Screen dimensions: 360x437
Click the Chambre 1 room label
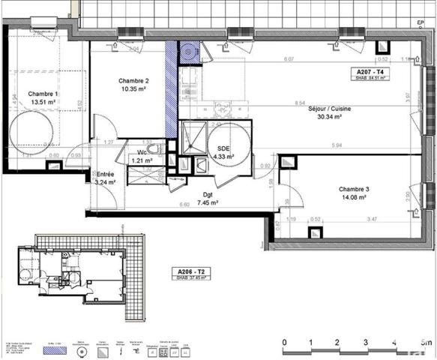(43, 94)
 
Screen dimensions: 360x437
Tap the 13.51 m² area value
(43, 103)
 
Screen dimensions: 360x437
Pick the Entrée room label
(105, 173)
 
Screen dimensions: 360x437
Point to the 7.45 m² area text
(208, 202)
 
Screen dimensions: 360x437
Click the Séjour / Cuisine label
(329, 109)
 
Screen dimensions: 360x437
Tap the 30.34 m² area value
(329, 117)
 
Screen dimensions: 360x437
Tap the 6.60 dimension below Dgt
(184, 205)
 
